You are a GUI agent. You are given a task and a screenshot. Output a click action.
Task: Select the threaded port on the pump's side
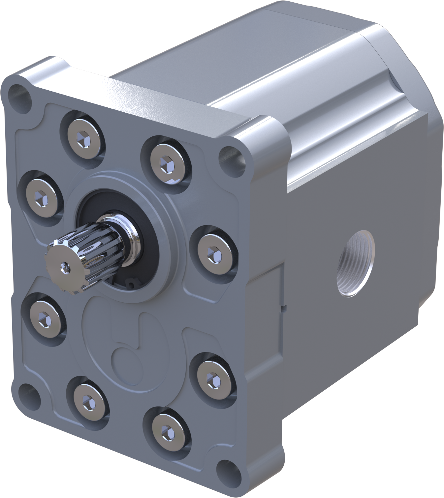355,263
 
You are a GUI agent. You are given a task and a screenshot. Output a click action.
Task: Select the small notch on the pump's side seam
284,308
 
